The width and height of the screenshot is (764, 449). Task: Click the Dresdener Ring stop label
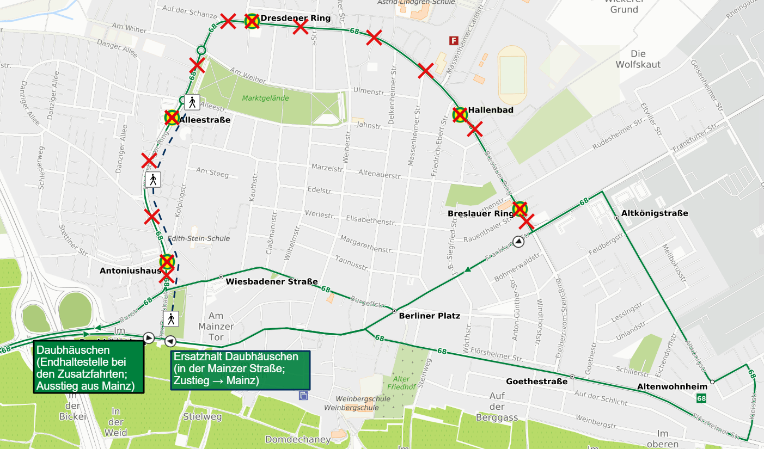pyautogui.click(x=295, y=19)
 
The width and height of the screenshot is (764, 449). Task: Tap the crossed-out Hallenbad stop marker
pyautogui.click(x=460, y=115)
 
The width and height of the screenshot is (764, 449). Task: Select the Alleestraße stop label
pyautogui.click(x=205, y=120)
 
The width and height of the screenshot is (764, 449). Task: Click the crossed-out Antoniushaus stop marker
pyautogui.click(x=167, y=262)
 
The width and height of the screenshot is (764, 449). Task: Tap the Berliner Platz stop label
pyautogui.click(x=429, y=316)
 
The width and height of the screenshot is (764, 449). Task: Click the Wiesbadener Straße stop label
pyautogui.click(x=272, y=282)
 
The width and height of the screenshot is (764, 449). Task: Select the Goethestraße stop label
pyautogui.click(x=536, y=382)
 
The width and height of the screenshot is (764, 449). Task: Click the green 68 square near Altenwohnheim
pyautogui.click(x=701, y=399)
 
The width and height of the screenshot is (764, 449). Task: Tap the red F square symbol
pyautogui.click(x=453, y=40)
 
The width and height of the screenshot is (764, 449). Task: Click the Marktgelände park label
pyautogui.click(x=265, y=99)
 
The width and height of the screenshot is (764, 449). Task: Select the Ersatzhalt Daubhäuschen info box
pyautogui.click(x=240, y=370)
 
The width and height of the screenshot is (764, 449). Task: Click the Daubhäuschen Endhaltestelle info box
pyautogui.click(x=89, y=367)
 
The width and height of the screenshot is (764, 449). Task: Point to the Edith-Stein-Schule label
pyautogui.click(x=199, y=238)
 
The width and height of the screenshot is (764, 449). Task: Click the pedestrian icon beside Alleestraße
pyautogui.click(x=192, y=102)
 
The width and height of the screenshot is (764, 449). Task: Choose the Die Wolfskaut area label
pyautogui.click(x=638, y=59)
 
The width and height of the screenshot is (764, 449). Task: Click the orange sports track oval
pyautogui.click(x=512, y=75)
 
